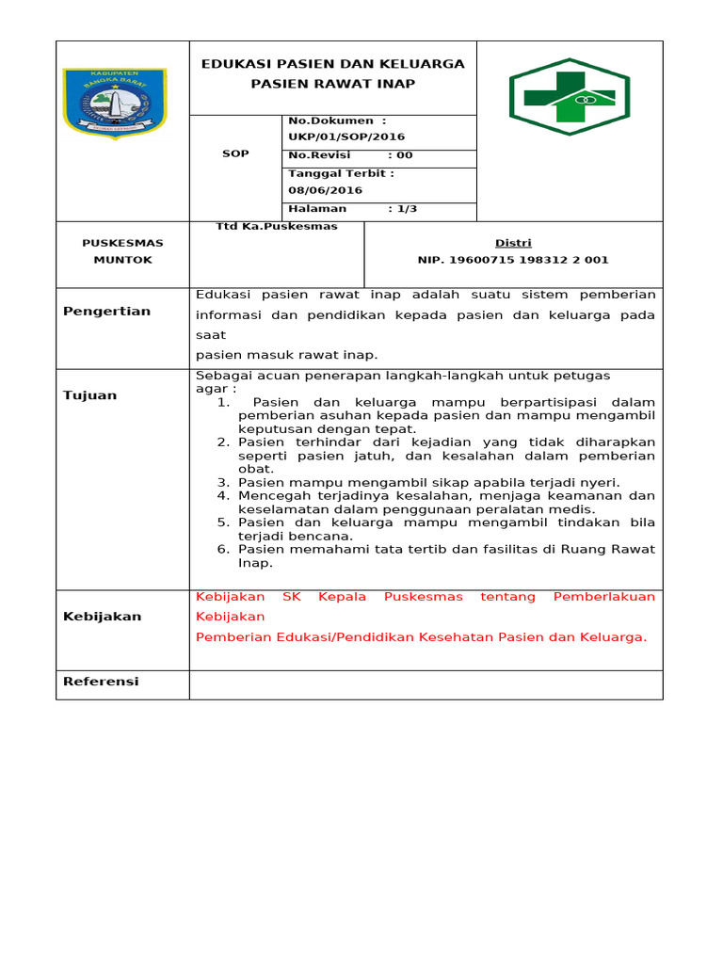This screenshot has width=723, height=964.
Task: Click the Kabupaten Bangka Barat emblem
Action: [x=114, y=103]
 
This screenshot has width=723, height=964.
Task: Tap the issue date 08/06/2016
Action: [x=326, y=190]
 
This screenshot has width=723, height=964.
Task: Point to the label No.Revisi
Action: [x=319, y=155]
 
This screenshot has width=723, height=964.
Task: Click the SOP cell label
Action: [x=235, y=153]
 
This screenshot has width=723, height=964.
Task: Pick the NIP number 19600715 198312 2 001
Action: [x=513, y=260]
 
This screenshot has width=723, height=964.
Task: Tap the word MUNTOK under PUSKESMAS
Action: [x=122, y=260]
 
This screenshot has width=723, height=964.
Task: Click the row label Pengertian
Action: [x=106, y=312]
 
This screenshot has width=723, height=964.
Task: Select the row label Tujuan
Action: [x=90, y=395]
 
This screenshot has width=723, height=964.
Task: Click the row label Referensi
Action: [x=101, y=682]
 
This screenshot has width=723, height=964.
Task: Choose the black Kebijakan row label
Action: [x=103, y=617]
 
